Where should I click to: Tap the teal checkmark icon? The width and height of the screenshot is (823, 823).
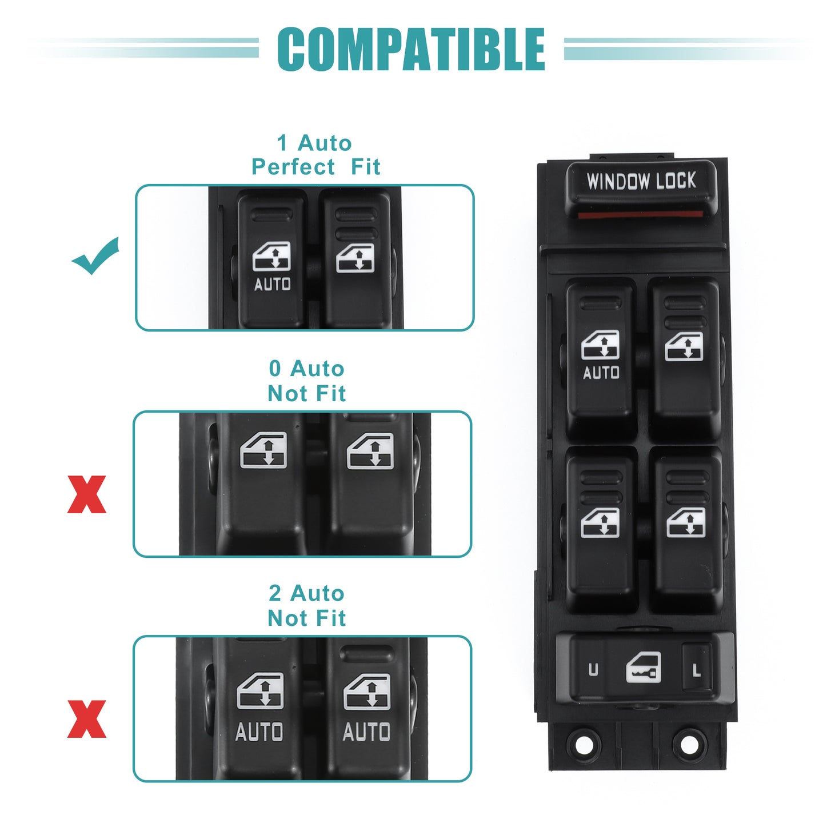click(x=95, y=256)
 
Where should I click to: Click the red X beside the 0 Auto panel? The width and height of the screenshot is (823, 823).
click(x=87, y=494)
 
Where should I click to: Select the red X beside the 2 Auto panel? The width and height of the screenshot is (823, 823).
click(x=87, y=719)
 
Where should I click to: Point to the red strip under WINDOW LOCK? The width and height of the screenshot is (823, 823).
click(x=641, y=214)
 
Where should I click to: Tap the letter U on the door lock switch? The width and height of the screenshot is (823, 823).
click(x=593, y=669)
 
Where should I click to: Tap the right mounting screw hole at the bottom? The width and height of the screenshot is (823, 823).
click(x=689, y=745)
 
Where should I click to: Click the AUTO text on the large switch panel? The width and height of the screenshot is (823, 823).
click(x=601, y=373)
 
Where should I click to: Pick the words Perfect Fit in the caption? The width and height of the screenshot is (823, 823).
click(x=315, y=166)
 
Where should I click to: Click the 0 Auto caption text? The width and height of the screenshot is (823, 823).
click(x=307, y=368)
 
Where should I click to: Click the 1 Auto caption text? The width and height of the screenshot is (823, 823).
click(x=314, y=143)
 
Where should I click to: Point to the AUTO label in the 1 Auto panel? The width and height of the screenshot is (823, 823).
click(x=273, y=284)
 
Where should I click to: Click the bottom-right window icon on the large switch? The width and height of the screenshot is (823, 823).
click(x=686, y=522)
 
